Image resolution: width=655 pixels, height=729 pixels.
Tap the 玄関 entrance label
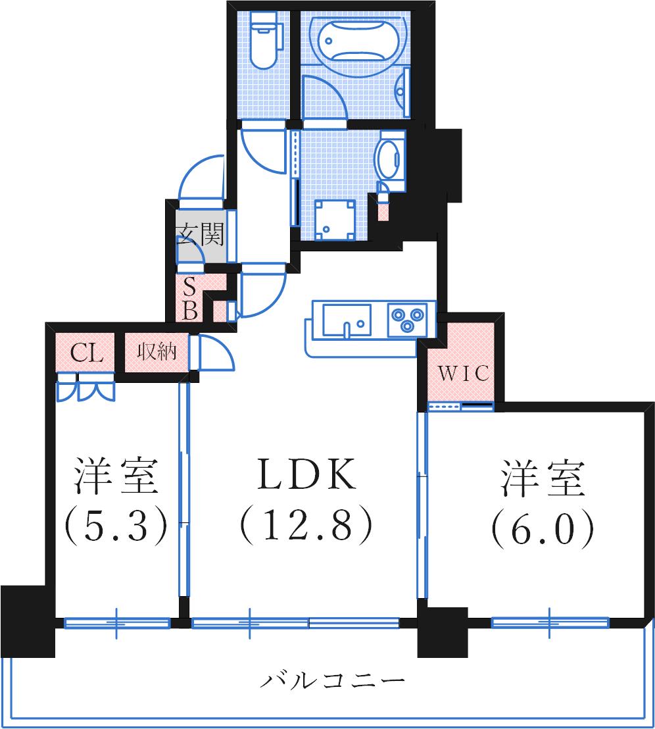201,234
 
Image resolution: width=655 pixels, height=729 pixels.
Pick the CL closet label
87,354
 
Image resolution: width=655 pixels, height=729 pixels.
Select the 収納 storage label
157,353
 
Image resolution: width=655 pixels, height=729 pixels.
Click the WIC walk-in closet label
464,374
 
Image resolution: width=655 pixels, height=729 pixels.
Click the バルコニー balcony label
332,680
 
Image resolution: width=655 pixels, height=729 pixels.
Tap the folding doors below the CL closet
86,388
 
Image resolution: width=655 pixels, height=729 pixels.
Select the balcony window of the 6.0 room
550,621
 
